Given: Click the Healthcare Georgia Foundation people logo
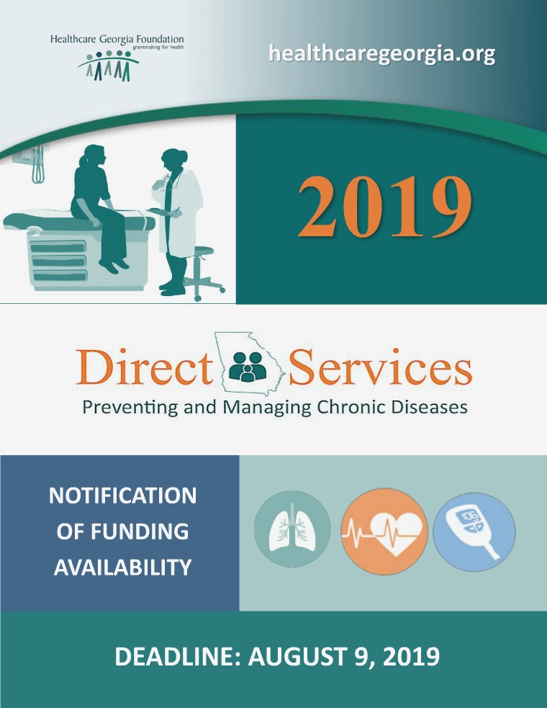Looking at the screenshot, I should pyautogui.click(x=108, y=66).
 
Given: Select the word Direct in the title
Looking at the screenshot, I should pyautogui.click(x=144, y=368).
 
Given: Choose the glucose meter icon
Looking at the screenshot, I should pyautogui.click(x=474, y=534).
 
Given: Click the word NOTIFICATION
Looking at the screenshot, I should pyautogui.click(x=122, y=496).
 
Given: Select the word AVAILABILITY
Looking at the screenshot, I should pyautogui.click(x=122, y=568).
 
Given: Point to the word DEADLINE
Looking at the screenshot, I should pyautogui.click(x=176, y=657).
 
